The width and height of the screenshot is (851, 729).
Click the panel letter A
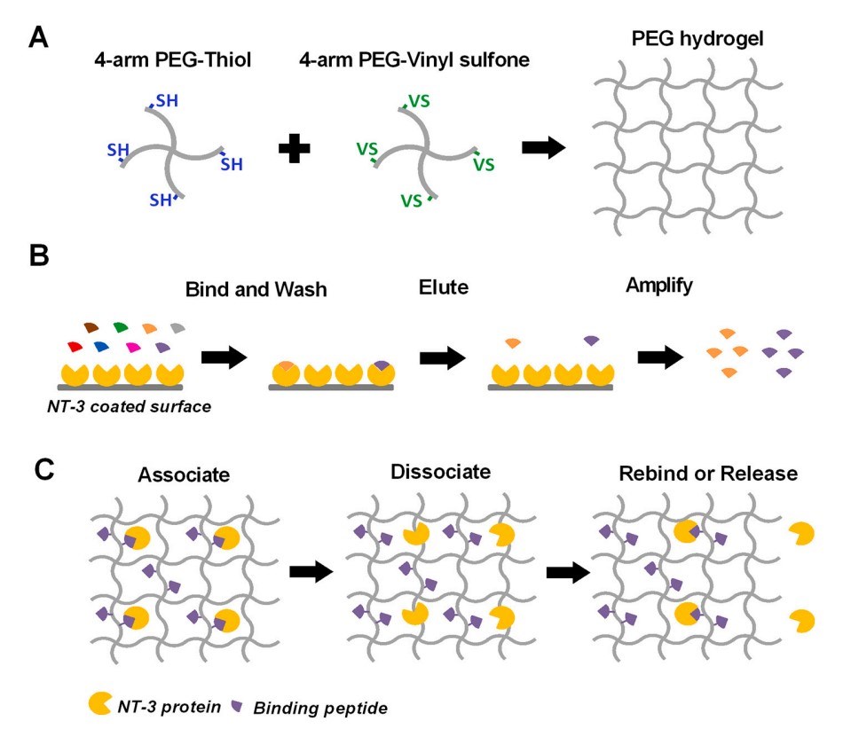click(39, 37)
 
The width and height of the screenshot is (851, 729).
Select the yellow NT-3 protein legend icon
click(99, 705)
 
